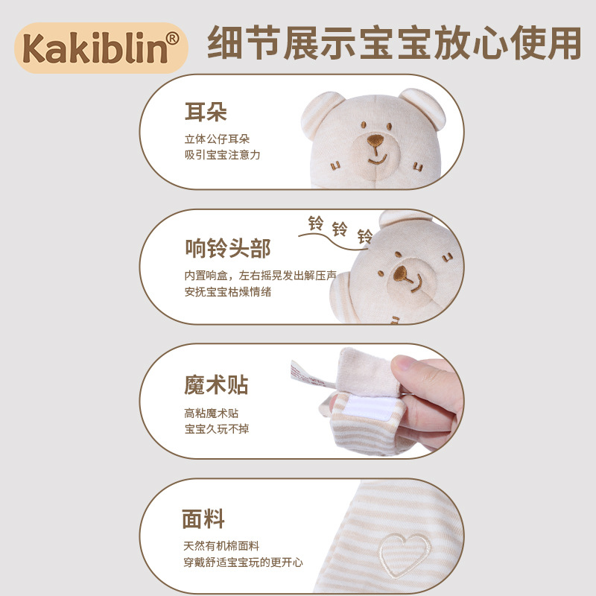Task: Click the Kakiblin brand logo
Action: pyautogui.click(x=101, y=48)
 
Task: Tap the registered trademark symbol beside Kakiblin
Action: pyautogui.click(x=172, y=39)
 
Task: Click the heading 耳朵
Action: pyautogui.click(x=206, y=112)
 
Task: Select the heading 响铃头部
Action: pyautogui.click(x=228, y=248)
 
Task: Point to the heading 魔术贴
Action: pyautogui.click(x=216, y=384)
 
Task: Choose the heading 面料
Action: pyautogui.click(x=203, y=519)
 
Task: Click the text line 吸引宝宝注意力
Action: pyautogui.click(x=222, y=155)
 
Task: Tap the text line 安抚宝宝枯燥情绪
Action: pyautogui.click(x=228, y=291)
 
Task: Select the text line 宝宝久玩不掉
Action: pyautogui.click(x=217, y=429)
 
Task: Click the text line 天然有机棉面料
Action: pyautogui.click(x=221, y=546)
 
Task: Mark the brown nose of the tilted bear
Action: pyautogui.click(x=400, y=273)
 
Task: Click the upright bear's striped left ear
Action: pyautogui.click(x=319, y=112)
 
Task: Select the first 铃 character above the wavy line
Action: pyautogui.click(x=315, y=223)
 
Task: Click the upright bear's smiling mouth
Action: pyautogui.click(x=377, y=157)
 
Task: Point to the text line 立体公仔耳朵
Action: pyautogui.click(x=217, y=139)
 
